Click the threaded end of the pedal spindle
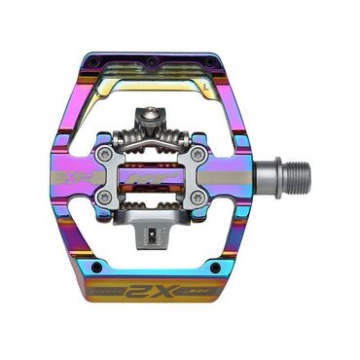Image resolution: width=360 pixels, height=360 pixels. coord(296,181)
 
